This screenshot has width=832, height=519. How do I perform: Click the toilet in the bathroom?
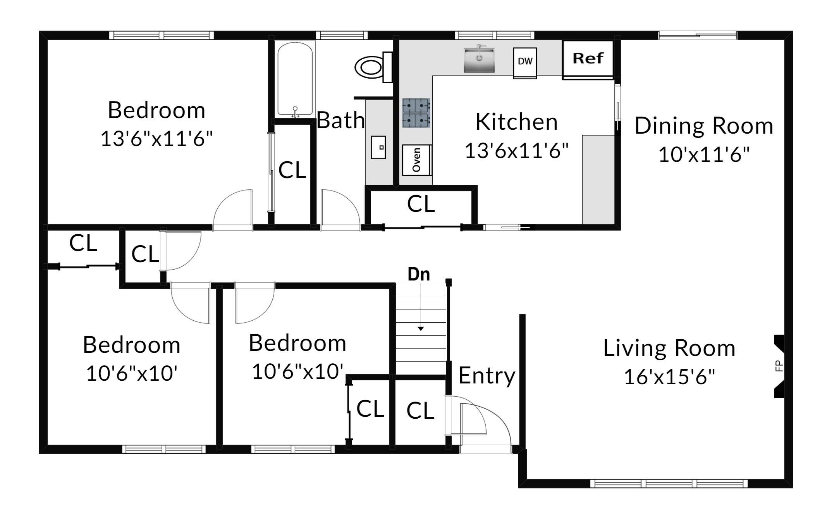pos(371,67)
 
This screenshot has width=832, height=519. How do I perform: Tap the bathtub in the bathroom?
pos(295,79)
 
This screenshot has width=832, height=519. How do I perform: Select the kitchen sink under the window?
pos(480,60)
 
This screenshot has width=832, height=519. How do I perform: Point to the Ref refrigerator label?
pos(588,58)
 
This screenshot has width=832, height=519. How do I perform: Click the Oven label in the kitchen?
pos(417,160)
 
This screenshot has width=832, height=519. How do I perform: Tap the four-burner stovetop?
pos(416,113)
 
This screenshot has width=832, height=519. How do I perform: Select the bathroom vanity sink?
pos(378,147)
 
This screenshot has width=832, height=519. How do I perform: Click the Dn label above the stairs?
pos(419,274)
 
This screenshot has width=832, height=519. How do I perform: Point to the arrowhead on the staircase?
pos(421,329)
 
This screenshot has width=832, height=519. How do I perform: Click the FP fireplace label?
pos(779,366)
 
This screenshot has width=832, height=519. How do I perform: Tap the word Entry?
pos(487,376)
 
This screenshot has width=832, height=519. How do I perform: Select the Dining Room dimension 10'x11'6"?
pos(704,155)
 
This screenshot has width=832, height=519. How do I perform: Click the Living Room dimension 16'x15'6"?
pos(669,376)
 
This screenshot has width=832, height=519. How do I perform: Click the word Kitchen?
pos(516,122)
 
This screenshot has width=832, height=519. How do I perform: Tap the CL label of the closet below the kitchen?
pos(421,204)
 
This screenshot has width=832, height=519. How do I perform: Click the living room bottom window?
pos(669,483)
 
